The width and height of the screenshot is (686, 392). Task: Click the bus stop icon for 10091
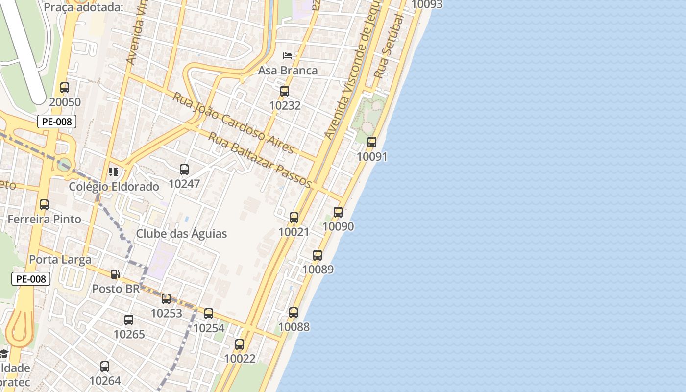click(x=372, y=142)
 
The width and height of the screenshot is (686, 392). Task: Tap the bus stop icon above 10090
click(x=338, y=212)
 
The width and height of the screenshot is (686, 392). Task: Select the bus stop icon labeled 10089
click(x=318, y=255)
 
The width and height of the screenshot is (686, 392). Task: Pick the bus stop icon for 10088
click(x=294, y=313)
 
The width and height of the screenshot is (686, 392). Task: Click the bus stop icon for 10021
click(x=294, y=218)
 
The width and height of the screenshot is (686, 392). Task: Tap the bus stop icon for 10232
click(x=285, y=91)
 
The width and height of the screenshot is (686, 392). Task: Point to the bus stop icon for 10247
click(x=184, y=170)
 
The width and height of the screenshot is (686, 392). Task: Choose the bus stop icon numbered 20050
click(x=65, y=88)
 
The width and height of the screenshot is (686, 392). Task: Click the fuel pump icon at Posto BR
click(x=116, y=274)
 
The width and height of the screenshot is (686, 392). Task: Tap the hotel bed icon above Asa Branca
click(x=288, y=55)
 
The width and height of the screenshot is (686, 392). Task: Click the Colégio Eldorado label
click(x=114, y=187)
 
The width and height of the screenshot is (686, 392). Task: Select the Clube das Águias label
click(x=181, y=233)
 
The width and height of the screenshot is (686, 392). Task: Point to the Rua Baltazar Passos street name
click(x=260, y=160)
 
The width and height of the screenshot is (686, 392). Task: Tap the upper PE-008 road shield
click(x=57, y=122)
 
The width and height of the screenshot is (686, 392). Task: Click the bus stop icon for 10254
click(x=209, y=314)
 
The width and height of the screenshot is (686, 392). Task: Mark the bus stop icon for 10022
click(x=240, y=344)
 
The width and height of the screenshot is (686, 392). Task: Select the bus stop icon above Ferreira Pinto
click(x=44, y=205)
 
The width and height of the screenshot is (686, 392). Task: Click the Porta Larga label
click(x=60, y=259)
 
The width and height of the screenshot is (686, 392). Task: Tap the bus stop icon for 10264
click(x=105, y=367)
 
